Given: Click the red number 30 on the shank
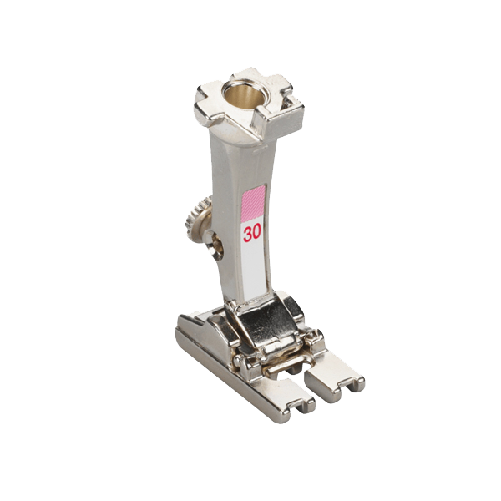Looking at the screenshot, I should [252, 232].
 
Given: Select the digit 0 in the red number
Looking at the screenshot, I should [257, 232].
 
